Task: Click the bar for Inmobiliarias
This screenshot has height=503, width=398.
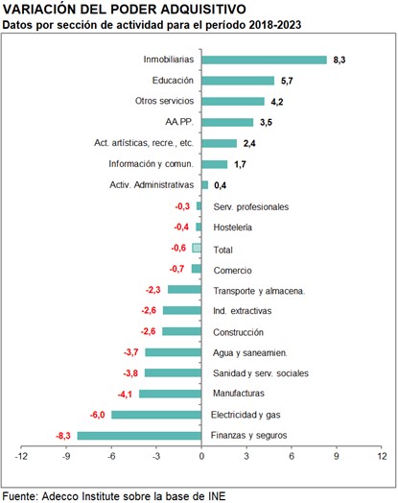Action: (264, 60)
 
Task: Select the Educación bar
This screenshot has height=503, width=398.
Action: (238, 81)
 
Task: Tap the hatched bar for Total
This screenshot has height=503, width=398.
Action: (197, 248)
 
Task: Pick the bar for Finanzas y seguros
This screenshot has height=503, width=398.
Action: (139, 436)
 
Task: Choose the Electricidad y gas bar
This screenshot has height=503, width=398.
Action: (156, 415)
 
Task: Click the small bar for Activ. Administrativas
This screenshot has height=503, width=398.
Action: (205, 185)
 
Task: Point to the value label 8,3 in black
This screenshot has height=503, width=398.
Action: (339, 60)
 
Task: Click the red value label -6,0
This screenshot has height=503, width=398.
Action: (98, 415)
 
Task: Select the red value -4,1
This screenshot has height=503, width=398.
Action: (125, 395)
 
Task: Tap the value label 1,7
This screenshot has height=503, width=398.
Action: (240, 164)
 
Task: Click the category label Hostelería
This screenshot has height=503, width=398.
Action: (233, 228)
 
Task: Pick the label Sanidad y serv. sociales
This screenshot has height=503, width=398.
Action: (261, 373)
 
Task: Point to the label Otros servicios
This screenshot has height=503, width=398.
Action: (164, 101)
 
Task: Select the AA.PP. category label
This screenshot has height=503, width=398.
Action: (179, 122)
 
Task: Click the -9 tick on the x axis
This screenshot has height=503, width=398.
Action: (66, 456)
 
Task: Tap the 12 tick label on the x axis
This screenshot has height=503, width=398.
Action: (382, 456)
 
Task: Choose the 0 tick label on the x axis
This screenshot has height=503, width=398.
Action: (201, 456)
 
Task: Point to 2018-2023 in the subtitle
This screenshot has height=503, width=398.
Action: (274, 25)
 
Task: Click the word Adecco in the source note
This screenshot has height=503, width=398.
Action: (60, 496)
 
